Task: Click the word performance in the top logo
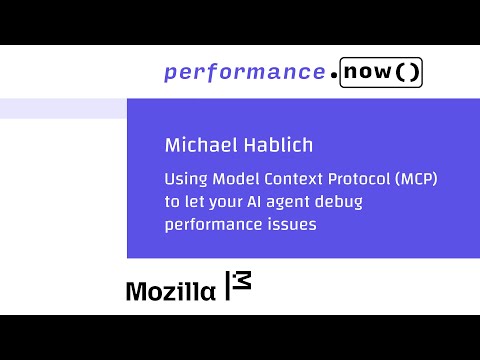tap(244, 73)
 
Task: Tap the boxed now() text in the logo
tap(381, 73)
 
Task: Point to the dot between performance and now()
tap(332, 76)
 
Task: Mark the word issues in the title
tap(291, 225)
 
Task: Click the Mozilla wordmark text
tap(170, 291)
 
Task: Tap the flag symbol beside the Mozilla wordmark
tap(238, 286)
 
